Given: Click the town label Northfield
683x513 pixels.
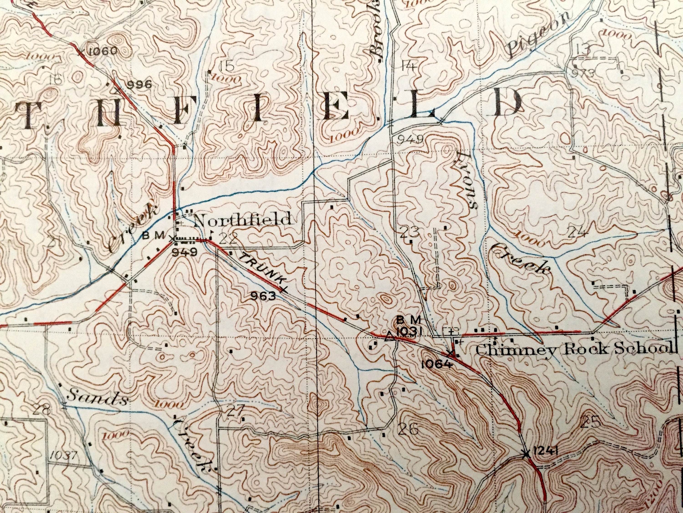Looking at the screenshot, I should click(243, 220).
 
